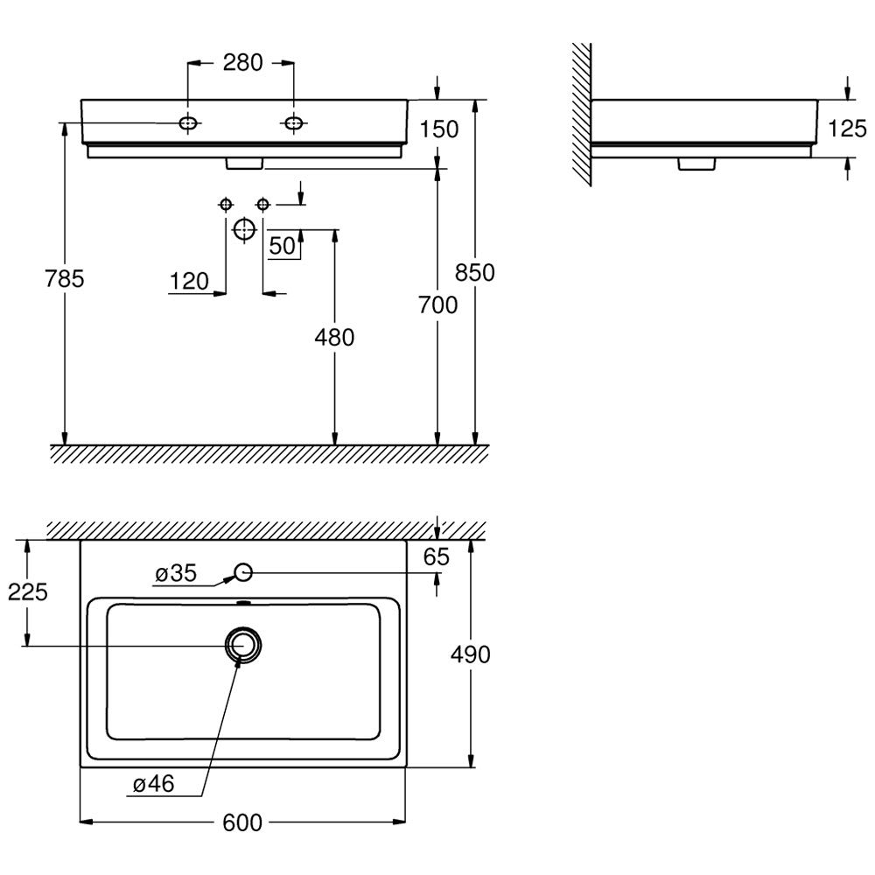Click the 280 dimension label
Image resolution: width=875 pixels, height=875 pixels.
pyautogui.click(x=242, y=62)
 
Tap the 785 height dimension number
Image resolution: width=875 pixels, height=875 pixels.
pyautogui.click(x=64, y=278)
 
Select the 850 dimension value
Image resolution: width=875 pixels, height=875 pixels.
pyautogui.click(x=475, y=272)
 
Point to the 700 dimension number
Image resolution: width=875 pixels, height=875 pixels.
pyautogui.click(x=438, y=304)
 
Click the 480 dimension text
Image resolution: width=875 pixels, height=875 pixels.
pyautogui.click(x=334, y=337)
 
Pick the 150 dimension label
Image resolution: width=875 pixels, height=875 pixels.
pyautogui.click(x=439, y=129)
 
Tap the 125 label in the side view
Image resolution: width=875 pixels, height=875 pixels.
pyautogui.click(x=847, y=129)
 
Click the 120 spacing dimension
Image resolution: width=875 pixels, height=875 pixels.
pyautogui.click(x=189, y=281)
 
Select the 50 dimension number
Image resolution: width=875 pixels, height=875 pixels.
pyautogui.click(x=283, y=246)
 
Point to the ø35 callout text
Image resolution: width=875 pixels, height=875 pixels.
pyautogui.click(x=176, y=573)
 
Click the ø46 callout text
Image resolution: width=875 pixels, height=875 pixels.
pyautogui.click(x=153, y=783)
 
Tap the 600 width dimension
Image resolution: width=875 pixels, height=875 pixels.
pyautogui.click(x=242, y=822)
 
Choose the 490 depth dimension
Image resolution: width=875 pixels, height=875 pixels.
pyautogui.click(x=471, y=654)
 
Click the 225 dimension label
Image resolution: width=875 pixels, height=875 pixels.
pyautogui.click(x=28, y=591)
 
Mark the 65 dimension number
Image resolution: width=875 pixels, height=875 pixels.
pyautogui.click(x=437, y=556)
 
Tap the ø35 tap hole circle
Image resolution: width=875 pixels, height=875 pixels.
pyautogui.click(x=243, y=563)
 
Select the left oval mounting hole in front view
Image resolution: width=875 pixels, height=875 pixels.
pyautogui.click(x=189, y=122)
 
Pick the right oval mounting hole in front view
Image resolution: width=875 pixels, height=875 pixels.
pyautogui.click(x=293, y=122)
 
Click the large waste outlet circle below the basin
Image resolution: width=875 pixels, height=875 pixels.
pyautogui.click(x=244, y=218)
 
